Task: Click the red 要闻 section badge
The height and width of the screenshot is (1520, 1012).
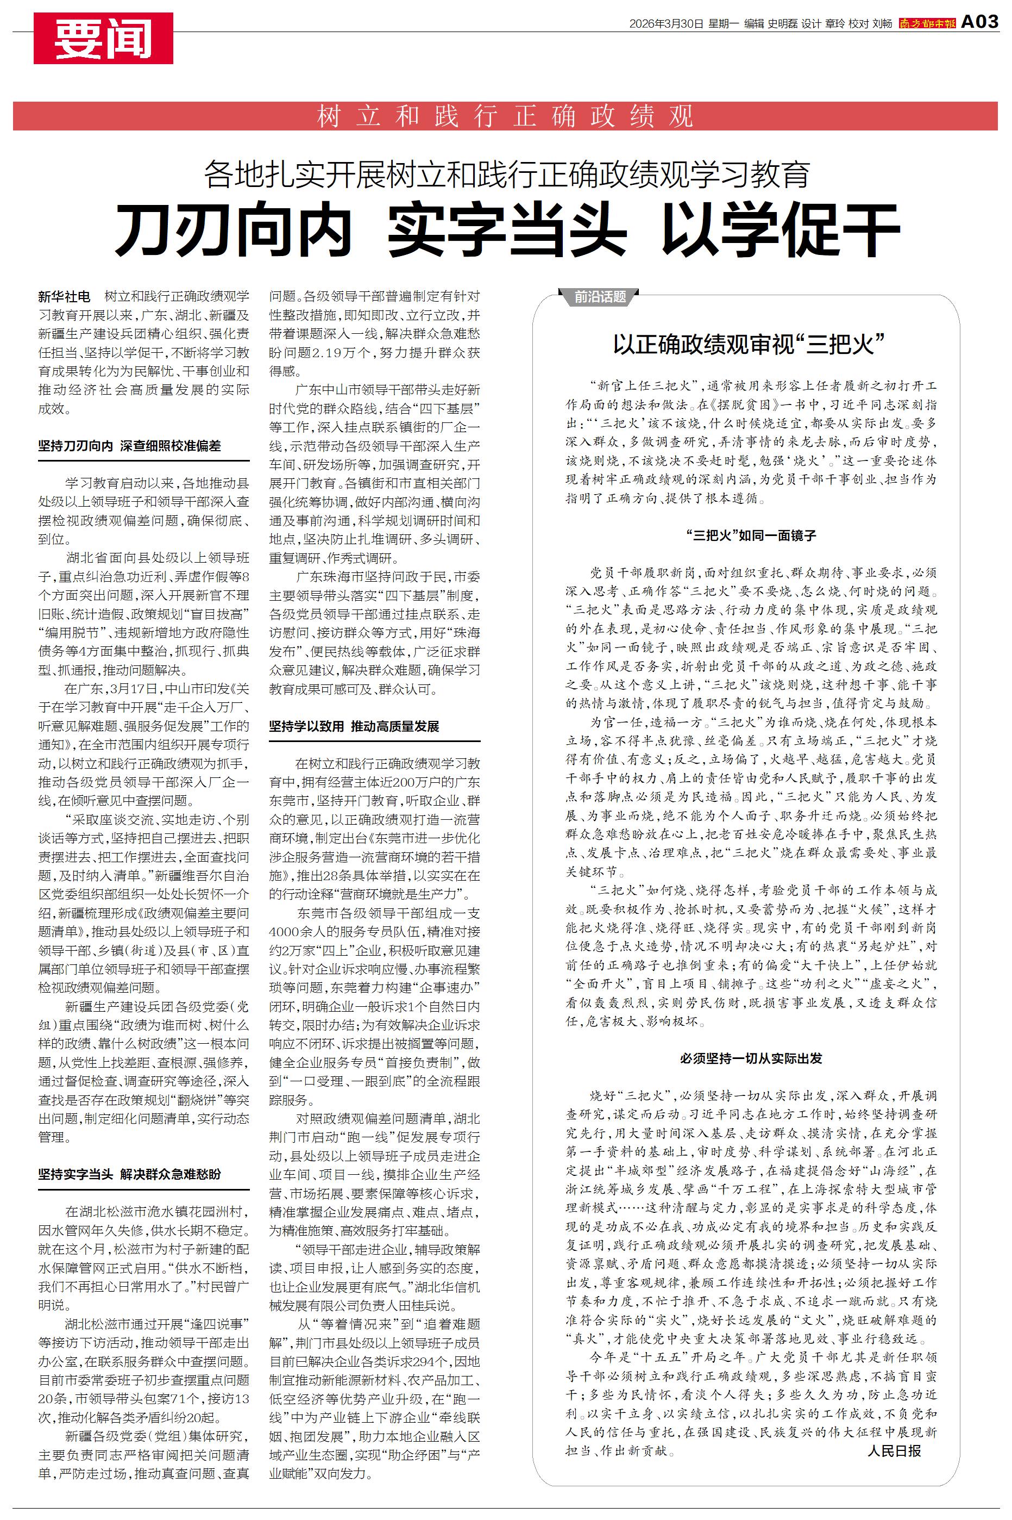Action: pyautogui.click(x=103, y=38)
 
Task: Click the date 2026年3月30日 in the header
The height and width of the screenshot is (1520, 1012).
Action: pyautogui.click(x=666, y=24)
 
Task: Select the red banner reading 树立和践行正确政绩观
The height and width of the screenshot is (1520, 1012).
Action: pyautogui.click(x=505, y=116)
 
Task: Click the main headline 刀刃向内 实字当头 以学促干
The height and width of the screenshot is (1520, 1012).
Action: pyautogui.click(x=507, y=230)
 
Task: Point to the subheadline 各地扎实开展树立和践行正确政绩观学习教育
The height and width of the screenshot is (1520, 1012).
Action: pyautogui.click(x=507, y=175)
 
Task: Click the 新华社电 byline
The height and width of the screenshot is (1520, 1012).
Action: pyautogui.click(x=64, y=296)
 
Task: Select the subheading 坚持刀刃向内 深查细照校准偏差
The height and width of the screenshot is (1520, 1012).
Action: pyautogui.click(x=129, y=446)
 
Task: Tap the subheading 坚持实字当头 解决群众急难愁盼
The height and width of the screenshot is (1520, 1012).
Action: pyautogui.click(x=129, y=1174)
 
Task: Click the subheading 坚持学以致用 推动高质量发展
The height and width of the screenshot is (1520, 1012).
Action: pyautogui.click(x=354, y=726)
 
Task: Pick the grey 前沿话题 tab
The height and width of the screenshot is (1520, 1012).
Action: pyautogui.click(x=600, y=297)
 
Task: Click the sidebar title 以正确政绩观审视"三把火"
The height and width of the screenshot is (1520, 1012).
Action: pyautogui.click(x=747, y=344)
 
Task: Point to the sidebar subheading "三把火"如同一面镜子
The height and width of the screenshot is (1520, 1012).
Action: pyautogui.click(x=751, y=535)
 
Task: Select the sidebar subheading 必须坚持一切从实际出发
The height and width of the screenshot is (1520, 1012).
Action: pyautogui.click(x=751, y=1058)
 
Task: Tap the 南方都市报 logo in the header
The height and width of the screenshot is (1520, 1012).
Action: pyautogui.click(x=927, y=24)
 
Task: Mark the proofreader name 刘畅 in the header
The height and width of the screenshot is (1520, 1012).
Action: pyautogui.click(x=882, y=24)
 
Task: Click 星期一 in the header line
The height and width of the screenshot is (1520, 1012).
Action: pyautogui.click(x=723, y=24)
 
